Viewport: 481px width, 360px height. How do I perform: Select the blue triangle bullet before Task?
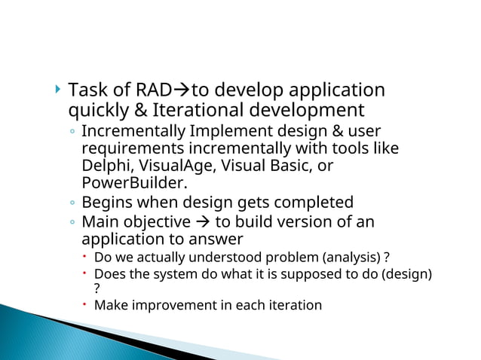(x=59, y=91)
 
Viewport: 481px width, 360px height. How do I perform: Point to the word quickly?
(x=96, y=111)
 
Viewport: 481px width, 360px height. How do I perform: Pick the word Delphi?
(x=103, y=165)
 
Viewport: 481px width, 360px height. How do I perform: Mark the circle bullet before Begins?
(x=71, y=203)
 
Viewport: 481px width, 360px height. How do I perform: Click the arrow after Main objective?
(x=201, y=222)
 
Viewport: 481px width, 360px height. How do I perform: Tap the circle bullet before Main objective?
(x=71, y=223)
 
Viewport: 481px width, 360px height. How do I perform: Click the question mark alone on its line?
(x=97, y=288)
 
